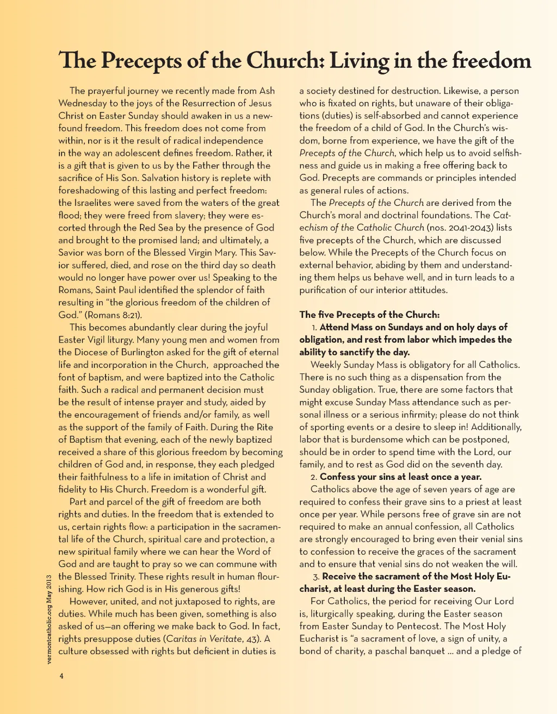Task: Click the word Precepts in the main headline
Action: point(141,61)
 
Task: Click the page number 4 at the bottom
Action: point(61,676)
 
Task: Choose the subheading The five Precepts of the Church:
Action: point(369,315)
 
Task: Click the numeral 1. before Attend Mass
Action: point(314,327)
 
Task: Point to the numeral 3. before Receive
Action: point(316,577)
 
